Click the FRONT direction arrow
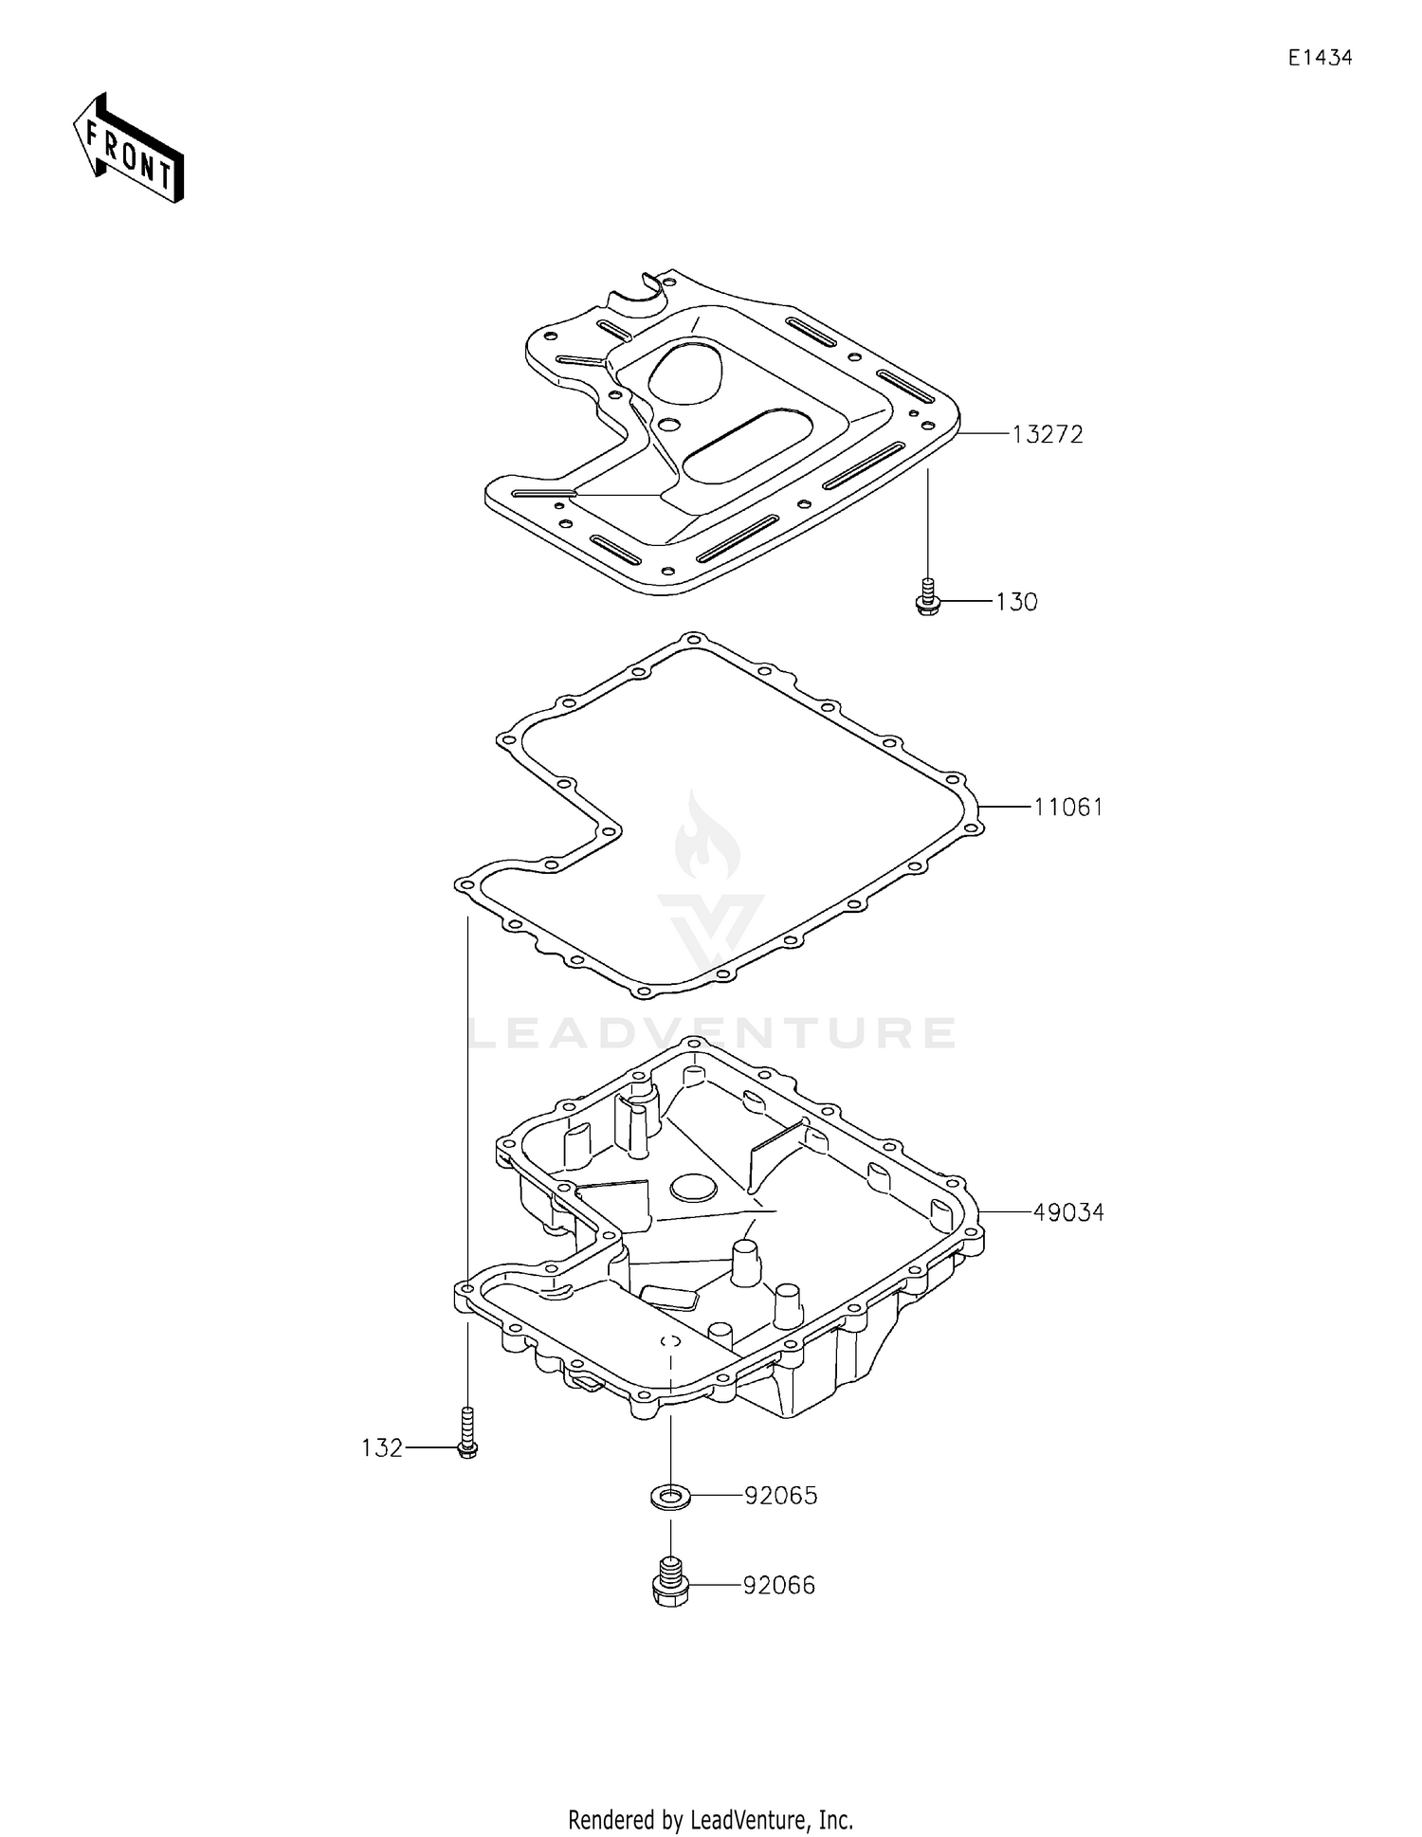(128, 149)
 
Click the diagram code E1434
(1320, 58)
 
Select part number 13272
(1047, 435)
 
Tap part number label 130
(1016, 603)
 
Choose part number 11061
(1068, 808)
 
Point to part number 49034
(1068, 1212)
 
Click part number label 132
(381, 1448)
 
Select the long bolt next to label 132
(466, 1431)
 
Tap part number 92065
(780, 1496)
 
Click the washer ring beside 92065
(670, 1498)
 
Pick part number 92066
(778, 1586)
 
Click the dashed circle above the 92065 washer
(670, 1341)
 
